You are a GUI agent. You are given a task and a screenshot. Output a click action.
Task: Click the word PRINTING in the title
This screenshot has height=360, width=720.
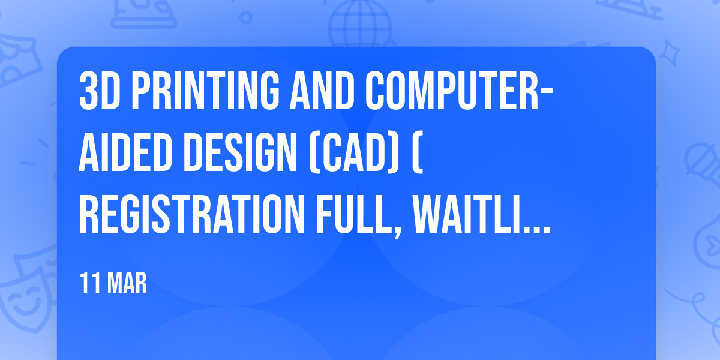click(x=206, y=91)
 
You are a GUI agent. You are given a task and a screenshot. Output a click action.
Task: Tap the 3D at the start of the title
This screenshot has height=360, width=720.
click(x=100, y=91)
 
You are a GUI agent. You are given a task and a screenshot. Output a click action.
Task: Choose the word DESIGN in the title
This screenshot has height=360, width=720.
click(x=240, y=153)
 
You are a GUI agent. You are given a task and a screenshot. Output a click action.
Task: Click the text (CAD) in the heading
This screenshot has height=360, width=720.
click(x=354, y=154)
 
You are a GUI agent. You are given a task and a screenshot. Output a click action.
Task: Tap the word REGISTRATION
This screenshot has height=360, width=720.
click(x=192, y=214)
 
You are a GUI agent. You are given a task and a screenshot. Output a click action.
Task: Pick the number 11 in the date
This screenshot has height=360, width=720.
click(x=91, y=283)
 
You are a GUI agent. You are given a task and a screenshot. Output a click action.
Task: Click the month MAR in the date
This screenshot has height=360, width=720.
click(x=127, y=283)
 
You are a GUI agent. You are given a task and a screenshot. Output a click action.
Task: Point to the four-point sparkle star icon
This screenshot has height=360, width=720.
click(x=669, y=52)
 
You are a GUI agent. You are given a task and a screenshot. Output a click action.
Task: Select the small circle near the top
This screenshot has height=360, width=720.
click(x=246, y=17)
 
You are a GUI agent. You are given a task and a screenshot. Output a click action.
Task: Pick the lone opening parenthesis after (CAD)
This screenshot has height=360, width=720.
click(x=417, y=154)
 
